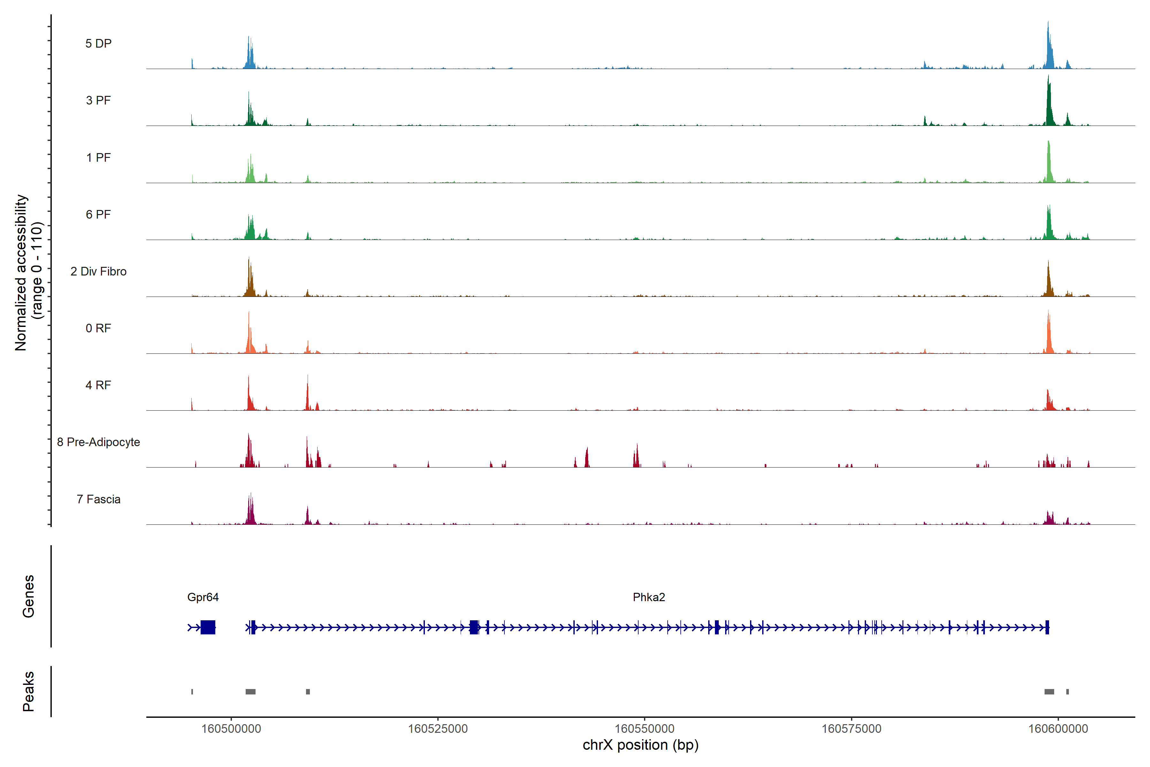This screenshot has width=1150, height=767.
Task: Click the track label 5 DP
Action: [98, 43]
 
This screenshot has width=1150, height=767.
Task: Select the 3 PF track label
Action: [98, 100]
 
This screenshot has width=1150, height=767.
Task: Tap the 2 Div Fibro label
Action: [98, 271]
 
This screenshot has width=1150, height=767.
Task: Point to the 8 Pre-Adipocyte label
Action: [98, 442]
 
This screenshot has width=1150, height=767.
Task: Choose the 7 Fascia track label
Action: [98, 500]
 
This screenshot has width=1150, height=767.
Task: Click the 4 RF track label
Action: [98, 385]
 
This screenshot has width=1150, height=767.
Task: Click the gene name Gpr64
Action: [203, 597]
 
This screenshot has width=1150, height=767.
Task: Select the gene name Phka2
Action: [649, 597]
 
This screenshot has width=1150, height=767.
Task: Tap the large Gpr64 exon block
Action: [208, 627]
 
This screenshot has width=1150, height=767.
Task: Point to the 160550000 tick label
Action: [644, 729]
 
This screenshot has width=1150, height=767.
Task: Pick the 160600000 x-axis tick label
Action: [1058, 729]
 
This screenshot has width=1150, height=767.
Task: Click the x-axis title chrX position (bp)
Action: [640, 745]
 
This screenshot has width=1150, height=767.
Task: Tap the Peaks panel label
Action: [28, 691]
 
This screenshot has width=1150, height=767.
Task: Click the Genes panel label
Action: [28, 596]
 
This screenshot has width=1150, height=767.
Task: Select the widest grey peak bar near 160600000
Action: [1049, 692]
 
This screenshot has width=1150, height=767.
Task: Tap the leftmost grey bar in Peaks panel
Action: [192, 692]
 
